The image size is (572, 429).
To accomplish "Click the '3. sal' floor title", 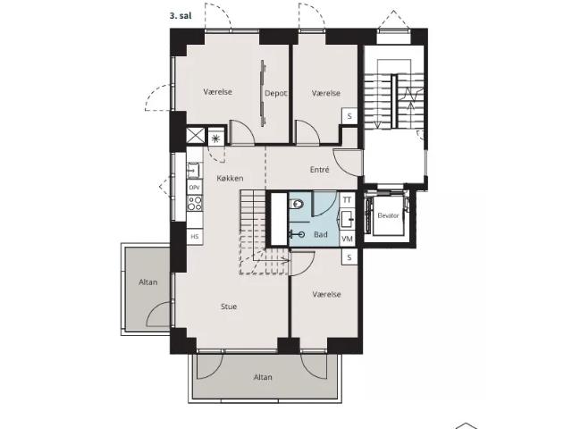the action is [181, 16].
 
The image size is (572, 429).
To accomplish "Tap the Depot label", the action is [276, 93].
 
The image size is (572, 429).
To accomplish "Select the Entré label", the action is [320, 170].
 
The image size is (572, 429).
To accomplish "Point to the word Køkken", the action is [230, 179].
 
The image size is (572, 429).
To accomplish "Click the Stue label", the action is [229, 307].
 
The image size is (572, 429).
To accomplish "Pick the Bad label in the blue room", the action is [321, 234].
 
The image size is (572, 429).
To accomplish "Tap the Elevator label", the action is [388, 215].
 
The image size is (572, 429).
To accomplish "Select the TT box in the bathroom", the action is [347, 200].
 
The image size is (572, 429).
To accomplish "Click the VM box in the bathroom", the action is [348, 239].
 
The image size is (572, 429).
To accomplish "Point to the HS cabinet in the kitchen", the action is [195, 236].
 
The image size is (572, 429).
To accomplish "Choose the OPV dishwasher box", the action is [195, 188].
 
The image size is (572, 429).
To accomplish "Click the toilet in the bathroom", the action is [296, 204].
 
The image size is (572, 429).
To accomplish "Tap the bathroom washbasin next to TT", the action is [347, 219].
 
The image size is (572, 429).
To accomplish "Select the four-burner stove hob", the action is [195, 203].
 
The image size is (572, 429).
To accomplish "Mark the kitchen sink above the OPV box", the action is [194, 170].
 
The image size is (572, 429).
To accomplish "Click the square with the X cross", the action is [196, 136].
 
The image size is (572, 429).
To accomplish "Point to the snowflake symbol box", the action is [215, 138].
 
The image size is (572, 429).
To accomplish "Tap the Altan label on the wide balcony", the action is [263, 377].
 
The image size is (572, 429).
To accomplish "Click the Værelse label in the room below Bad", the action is [326, 294].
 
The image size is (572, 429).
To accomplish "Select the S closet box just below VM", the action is [349, 257].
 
